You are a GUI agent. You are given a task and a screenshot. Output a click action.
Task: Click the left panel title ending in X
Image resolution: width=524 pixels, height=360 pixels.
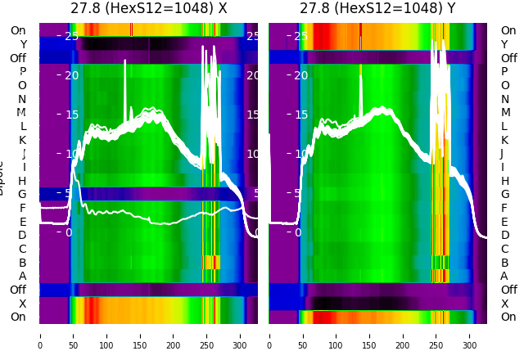tap(148, 9)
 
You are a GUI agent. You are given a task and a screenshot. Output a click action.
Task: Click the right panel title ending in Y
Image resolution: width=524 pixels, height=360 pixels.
tap(377, 9)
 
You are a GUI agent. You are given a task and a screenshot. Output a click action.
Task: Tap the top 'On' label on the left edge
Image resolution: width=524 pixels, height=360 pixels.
tap(18, 30)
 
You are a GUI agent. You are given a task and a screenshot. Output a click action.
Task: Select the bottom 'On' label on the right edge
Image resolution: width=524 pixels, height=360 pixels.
tap(508, 317)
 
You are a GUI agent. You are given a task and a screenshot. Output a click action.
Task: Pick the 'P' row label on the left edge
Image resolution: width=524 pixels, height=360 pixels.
tap(22, 71)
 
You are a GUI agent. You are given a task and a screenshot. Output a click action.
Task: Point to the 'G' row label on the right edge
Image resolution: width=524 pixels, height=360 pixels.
tap(505, 194)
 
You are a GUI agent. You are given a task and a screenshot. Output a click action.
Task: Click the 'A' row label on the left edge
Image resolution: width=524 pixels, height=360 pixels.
tap(22, 276)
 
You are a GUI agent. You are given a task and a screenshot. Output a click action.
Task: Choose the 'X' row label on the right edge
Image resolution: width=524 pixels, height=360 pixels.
tap(504, 304)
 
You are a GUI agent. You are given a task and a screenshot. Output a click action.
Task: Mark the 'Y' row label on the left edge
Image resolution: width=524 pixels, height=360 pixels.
tap(23, 44)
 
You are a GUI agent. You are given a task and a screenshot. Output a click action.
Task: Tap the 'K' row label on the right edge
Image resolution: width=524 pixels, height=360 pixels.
tap(504, 140)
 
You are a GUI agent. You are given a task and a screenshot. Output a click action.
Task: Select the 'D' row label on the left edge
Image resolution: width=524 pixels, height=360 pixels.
tap(22, 235)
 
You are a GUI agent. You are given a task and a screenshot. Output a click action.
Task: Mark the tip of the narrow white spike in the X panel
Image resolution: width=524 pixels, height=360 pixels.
tap(125, 61)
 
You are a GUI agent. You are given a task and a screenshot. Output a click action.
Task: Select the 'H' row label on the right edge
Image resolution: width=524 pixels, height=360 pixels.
tap(505, 181)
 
